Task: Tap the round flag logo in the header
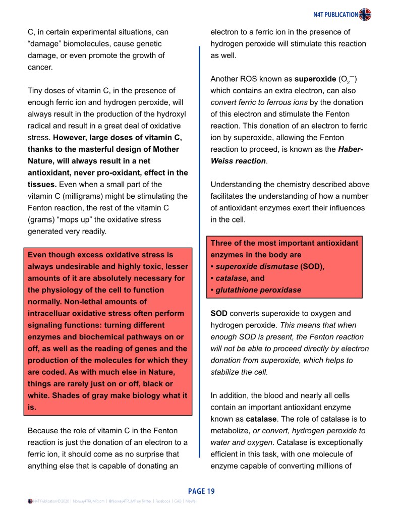click(x=365, y=15)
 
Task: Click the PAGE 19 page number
click(x=201, y=491)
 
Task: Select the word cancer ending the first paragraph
click(x=40, y=67)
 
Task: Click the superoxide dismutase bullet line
click(x=267, y=266)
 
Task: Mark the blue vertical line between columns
click(x=200, y=252)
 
